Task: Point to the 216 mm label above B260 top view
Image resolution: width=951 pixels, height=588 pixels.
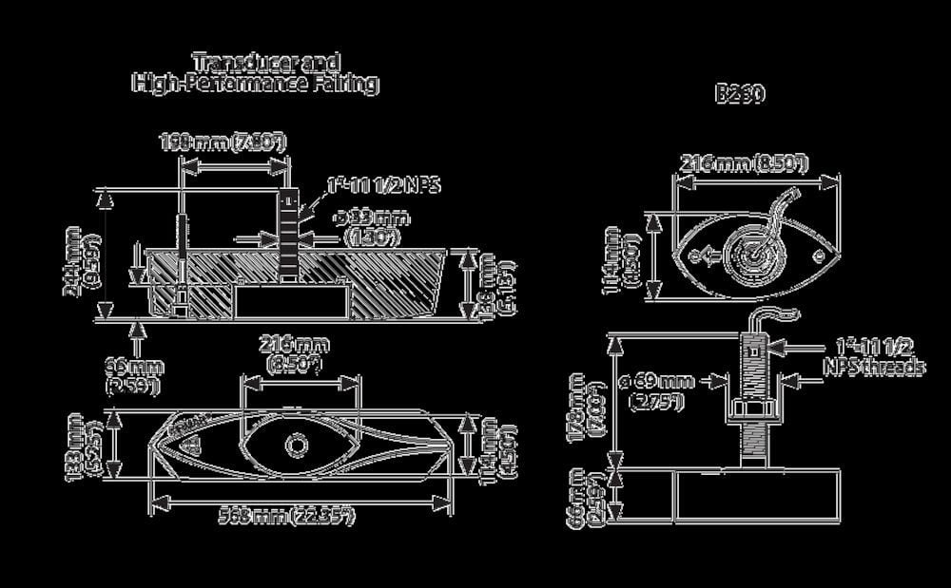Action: click(743, 163)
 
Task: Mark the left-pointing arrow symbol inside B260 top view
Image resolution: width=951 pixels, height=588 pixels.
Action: click(700, 255)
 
